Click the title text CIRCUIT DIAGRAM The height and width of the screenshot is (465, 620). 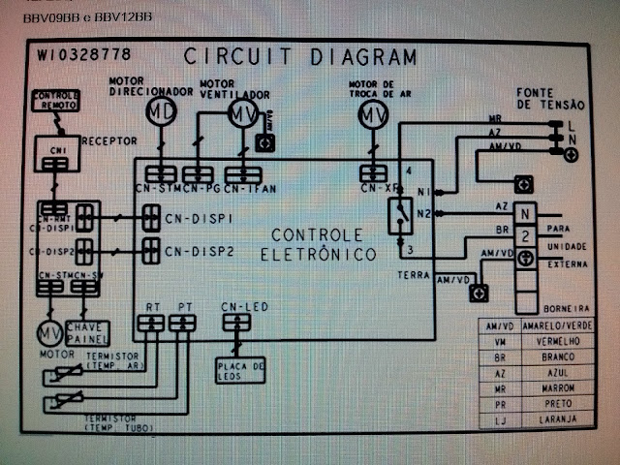pyautogui.click(x=300, y=56)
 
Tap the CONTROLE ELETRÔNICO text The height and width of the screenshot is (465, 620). pyautogui.click(x=318, y=244)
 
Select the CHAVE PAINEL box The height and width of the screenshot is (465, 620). pyautogui.click(x=87, y=334)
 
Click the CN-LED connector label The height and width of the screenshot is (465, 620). pyautogui.click(x=244, y=307)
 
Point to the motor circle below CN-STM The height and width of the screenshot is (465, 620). pyautogui.click(x=49, y=334)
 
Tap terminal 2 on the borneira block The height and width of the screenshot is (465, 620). pyautogui.click(x=525, y=235)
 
